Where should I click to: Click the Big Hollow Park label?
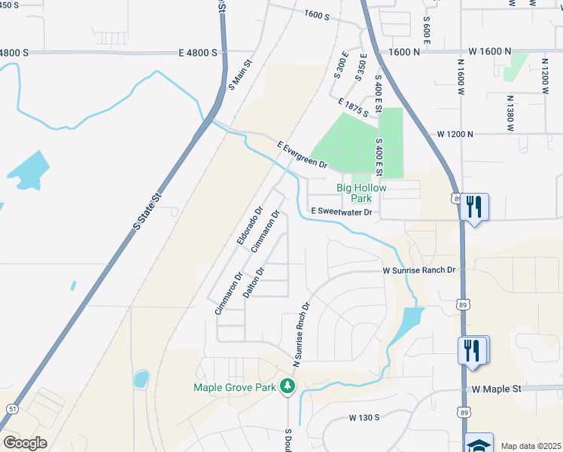pos(361,193)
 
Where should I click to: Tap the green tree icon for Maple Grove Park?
pos(287,386)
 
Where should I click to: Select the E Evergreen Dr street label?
pos(303,154)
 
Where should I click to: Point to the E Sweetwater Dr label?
pos(342,212)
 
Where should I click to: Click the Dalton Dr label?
pos(254,283)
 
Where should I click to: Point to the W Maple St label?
pos(497,389)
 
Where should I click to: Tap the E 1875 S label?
pos(354,108)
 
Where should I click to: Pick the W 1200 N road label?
pos(455,134)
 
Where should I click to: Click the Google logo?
pos(25,443)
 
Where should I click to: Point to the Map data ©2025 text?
pos(531,446)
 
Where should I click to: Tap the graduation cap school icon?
pos(479,443)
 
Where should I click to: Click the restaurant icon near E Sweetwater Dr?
pos(474,206)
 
